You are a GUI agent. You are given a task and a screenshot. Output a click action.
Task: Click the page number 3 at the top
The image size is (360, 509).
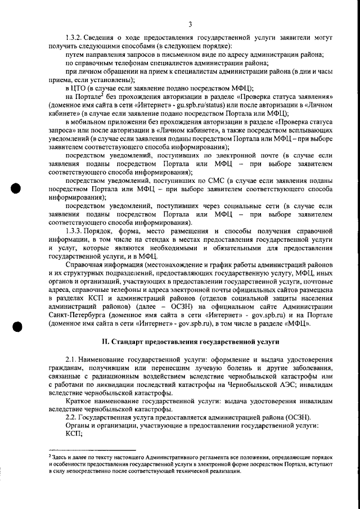pyautogui.click(x=190, y=24)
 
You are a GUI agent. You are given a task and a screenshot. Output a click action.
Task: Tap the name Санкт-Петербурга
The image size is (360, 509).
pyautogui.click(x=76, y=315)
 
